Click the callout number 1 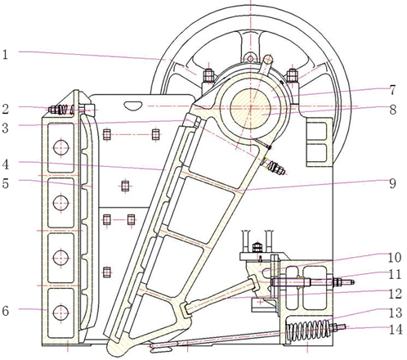pos(5,55)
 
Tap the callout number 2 pos(6,109)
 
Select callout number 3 pos(6,128)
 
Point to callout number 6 pos(6,311)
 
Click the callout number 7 pos(392,90)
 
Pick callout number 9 pos(392,183)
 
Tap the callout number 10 pos(394,257)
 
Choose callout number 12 pos(395,294)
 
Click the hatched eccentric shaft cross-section pos(250,108)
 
